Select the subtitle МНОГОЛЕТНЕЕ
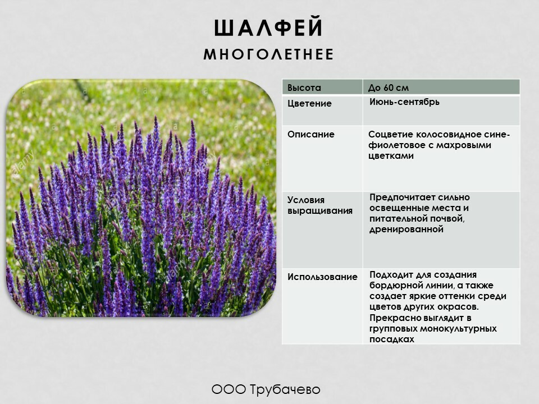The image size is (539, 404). click(x=268, y=54)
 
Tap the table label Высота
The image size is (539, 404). click(x=304, y=88)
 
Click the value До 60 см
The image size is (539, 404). click(x=389, y=88)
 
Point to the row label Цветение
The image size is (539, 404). click(x=309, y=103)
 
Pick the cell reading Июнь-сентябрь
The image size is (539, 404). click(x=404, y=102)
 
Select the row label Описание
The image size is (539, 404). click(x=310, y=134)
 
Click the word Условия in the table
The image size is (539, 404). click(x=306, y=200)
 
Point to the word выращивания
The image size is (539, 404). click(x=320, y=210)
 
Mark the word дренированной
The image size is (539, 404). click(x=406, y=229)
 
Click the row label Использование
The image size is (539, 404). click(x=322, y=277)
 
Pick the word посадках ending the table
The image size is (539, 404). click(x=392, y=339)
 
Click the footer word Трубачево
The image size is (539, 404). click(x=285, y=389)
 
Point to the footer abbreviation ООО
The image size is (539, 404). click(x=229, y=389)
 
